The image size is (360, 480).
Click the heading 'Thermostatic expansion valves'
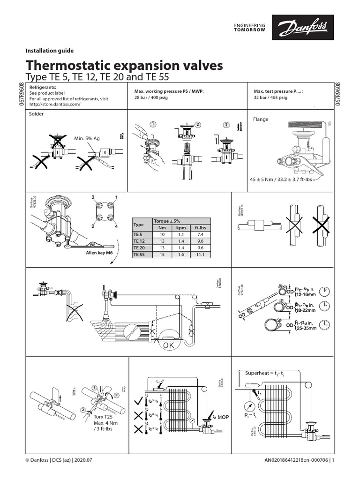(124, 65)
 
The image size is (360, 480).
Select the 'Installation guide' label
(49, 51)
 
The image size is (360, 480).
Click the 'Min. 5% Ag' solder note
(87, 138)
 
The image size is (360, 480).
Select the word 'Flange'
(261, 119)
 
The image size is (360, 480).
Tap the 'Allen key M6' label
(100, 252)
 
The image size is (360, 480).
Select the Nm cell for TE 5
(162, 233)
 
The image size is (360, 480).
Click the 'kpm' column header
(180, 227)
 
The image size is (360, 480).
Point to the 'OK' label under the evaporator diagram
(167, 345)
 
